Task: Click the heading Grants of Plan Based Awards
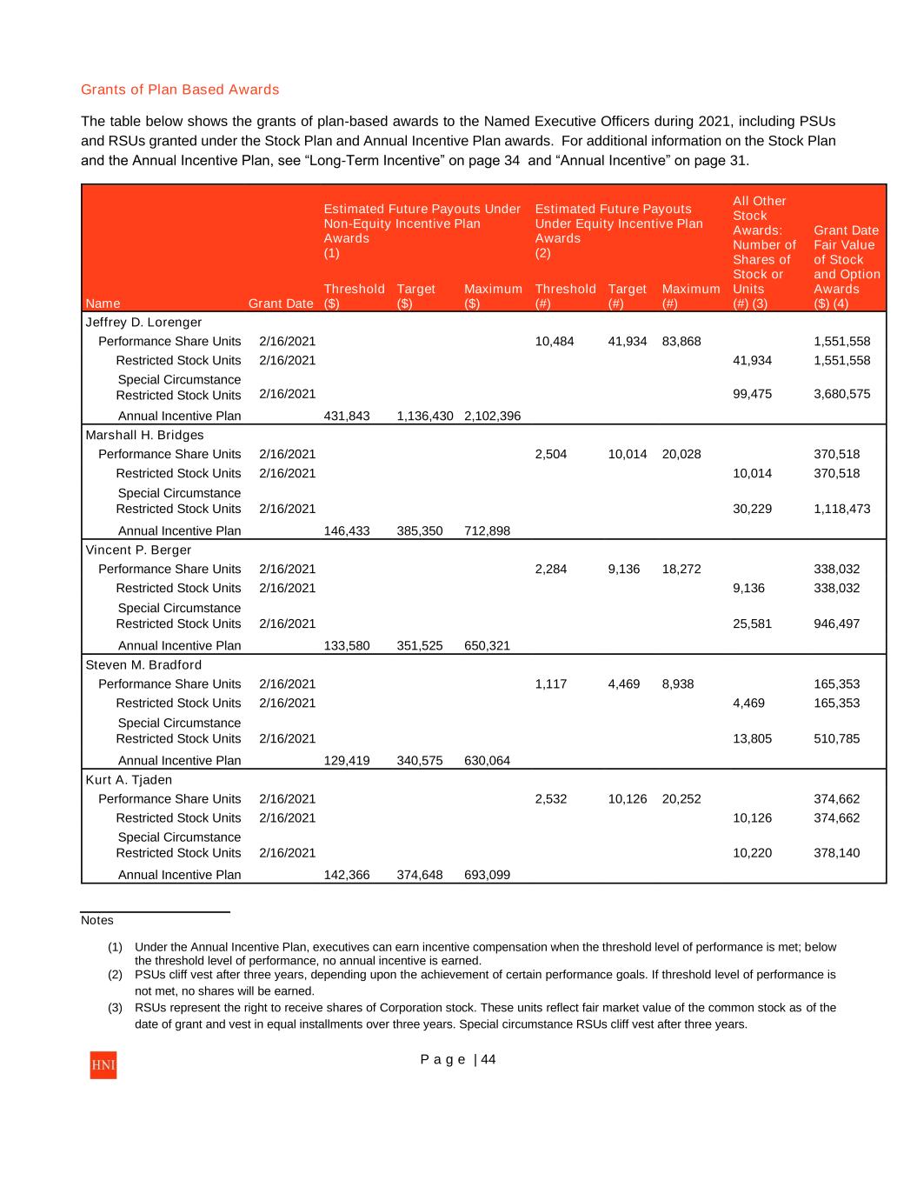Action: point(180,90)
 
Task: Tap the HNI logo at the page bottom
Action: point(103,1065)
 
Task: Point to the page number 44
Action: point(488,1059)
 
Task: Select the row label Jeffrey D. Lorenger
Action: point(143,323)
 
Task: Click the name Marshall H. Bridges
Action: point(144,436)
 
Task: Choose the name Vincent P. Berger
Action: point(138,550)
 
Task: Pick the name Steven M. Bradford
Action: point(143,665)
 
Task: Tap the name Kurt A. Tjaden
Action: point(129,780)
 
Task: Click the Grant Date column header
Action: point(281,303)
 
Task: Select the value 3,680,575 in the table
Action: point(841,394)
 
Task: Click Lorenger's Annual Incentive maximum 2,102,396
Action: point(492,417)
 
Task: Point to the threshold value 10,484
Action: point(555,342)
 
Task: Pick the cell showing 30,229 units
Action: point(752,509)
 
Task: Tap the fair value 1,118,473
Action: point(841,509)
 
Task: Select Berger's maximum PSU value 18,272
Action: point(681,570)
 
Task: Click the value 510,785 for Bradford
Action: point(836,738)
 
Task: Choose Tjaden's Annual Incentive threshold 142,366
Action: point(346,876)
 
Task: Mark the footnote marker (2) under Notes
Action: point(115,975)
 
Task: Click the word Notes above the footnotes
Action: point(97,920)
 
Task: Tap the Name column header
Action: point(103,303)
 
